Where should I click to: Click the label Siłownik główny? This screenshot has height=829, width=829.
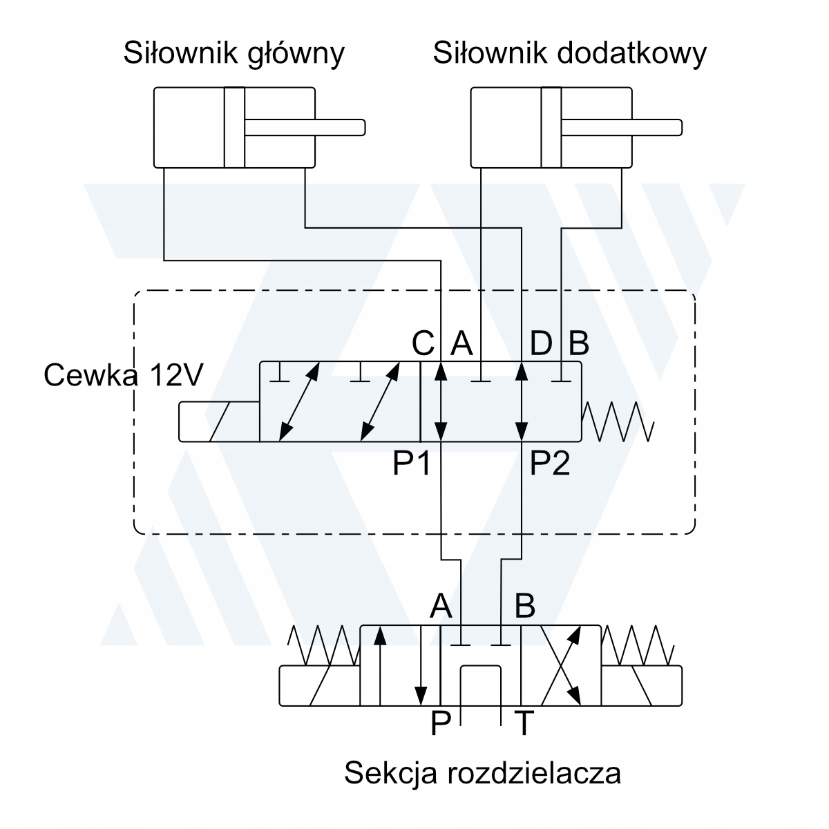(x=234, y=54)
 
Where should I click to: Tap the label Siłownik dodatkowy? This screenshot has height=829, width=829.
(x=569, y=54)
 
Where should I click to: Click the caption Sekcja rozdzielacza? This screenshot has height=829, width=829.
(x=482, y=772)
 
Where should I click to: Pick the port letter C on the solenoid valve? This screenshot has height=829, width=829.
(x=422, y=342)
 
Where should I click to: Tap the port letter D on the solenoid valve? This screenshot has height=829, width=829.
(x=541, y=342)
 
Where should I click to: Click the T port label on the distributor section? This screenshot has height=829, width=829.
(x=525, y=724)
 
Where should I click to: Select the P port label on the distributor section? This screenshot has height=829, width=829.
(x=441, y=724)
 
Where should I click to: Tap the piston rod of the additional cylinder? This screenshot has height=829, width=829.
(x=622, y=127)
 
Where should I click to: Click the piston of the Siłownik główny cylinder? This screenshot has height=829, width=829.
(x=234, y=127)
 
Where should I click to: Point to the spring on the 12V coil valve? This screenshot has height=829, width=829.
(x=618, y=421)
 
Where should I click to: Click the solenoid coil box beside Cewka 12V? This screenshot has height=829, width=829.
(x=218, y=421)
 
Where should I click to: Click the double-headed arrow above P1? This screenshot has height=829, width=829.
(x=441, y=401)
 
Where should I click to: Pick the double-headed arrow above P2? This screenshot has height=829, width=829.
(x=522, y=401)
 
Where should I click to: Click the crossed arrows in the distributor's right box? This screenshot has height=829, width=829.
(x=560, y=666)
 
